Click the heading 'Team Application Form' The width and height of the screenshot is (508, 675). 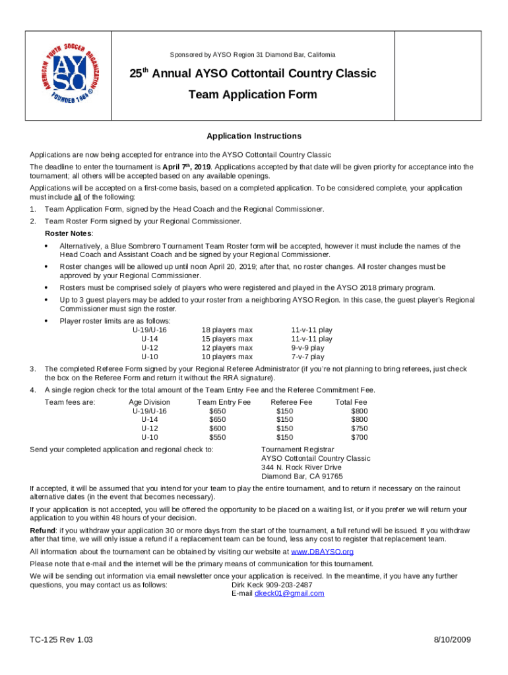[x=253, y=94]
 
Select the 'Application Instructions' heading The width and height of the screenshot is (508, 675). [x=254, y=136]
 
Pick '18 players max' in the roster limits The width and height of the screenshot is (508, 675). [x=227, y=330]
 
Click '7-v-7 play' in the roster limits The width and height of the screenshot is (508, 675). [x=307, y=357]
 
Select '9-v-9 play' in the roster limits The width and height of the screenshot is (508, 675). [x=307, y=347]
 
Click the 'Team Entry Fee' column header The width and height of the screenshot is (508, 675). [x=224, y=402]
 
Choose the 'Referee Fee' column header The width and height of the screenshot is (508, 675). [x=292, y=402]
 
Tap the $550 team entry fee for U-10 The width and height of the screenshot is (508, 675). [x=217, y=436]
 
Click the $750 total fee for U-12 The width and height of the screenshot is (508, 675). [x=360, y=428]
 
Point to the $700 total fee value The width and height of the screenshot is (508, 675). [x=360, y=436]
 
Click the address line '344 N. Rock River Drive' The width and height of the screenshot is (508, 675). [x=302, y=467]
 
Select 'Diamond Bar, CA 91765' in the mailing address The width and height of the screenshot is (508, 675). [x=302, y=476]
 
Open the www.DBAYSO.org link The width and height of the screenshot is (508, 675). [x=323, y=552]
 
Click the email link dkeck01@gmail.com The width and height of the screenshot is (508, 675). [x=289, y=593]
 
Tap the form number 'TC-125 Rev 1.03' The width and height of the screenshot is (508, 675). [x=61, y=640]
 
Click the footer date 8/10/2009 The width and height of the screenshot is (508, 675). [x=452, y=640]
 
